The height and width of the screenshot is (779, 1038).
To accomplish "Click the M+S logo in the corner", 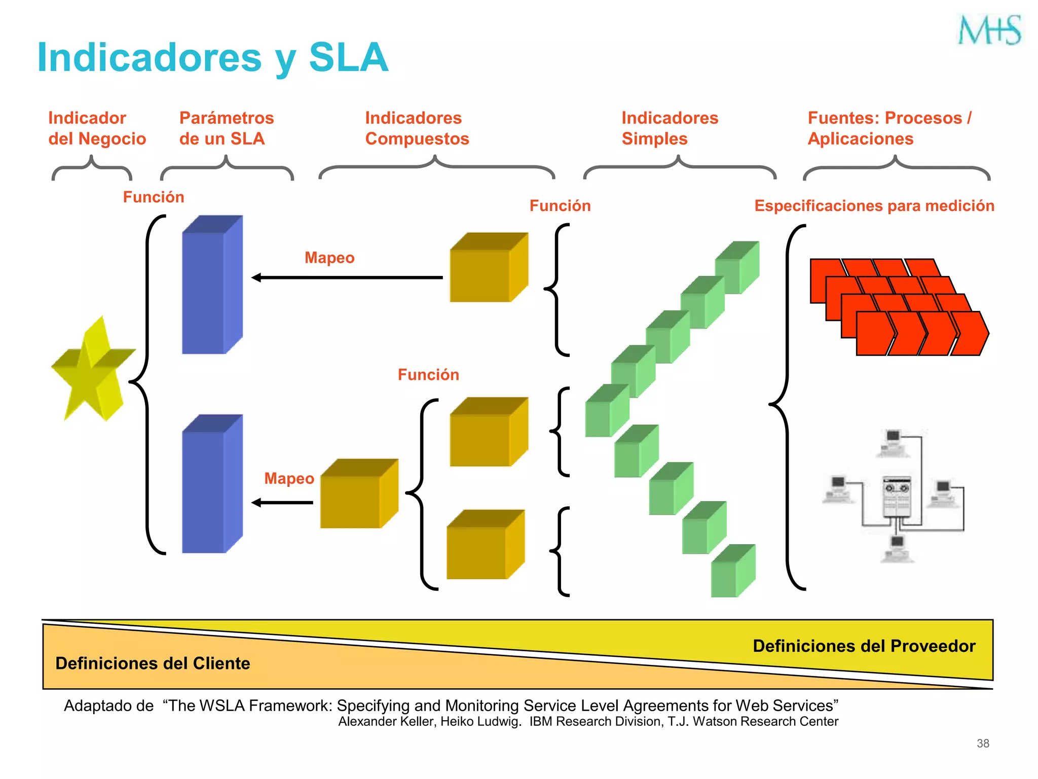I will pos(989,30).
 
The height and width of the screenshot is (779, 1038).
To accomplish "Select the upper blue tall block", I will pos(212,285).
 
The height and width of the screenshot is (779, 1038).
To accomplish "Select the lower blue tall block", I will pos(212,484).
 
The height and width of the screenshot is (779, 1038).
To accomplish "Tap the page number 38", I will pos(983,743).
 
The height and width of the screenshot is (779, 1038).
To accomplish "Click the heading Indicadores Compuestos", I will pos(417,128).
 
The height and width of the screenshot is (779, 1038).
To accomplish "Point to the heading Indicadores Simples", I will pos(670,128).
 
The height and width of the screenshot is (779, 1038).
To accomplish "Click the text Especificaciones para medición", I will pos(874,206).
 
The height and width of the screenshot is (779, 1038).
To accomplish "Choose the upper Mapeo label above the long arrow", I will pos(329,258).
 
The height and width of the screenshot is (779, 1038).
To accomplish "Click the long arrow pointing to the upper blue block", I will pos(350,277).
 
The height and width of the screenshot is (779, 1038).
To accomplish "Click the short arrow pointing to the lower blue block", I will pos(284,503).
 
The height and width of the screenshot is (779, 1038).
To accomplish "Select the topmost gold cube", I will pos(488,268).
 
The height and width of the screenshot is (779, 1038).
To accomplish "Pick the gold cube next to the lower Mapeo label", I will pos(358,494).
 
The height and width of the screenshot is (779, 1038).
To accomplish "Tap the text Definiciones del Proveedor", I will pos(864,646).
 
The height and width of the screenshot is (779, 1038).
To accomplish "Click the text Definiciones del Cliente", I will pos(153,663).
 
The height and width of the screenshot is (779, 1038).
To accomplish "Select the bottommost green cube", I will pos(732,572).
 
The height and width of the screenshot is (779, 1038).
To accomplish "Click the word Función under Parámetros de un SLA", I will pos(154,197).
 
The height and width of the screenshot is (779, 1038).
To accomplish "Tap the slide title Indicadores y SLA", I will pos(213,57).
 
